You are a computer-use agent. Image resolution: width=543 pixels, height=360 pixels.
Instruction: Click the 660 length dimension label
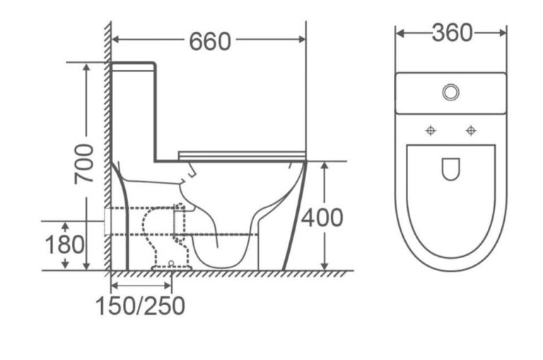210,42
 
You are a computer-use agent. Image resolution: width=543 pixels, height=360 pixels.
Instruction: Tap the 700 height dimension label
84,163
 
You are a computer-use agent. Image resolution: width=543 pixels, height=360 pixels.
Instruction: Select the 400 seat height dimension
322,218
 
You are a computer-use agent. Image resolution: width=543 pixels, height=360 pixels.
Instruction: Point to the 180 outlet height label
65,245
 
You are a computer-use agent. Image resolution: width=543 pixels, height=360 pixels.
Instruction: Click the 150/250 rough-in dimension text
140,306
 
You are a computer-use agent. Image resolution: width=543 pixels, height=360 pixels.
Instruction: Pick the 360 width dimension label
452,33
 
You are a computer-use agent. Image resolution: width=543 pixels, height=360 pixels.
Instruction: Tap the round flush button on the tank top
451,93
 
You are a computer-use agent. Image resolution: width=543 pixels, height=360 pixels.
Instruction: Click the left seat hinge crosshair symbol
431,131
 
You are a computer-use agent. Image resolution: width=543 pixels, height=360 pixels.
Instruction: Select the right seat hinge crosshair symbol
471,131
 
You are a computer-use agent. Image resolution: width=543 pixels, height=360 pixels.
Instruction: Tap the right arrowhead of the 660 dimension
302,40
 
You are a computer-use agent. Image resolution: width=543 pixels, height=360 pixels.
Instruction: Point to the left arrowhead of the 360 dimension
400,33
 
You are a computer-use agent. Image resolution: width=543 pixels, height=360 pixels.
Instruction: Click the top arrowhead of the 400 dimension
324,166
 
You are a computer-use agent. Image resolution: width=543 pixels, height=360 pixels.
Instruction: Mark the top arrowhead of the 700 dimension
86,67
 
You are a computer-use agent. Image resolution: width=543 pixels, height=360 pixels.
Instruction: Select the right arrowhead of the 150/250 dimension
168,286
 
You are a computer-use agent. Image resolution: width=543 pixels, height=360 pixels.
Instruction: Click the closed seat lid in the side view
242,155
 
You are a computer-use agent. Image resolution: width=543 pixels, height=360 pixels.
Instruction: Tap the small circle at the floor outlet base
171,263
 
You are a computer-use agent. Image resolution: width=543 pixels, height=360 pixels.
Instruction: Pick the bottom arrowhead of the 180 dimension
65,265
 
